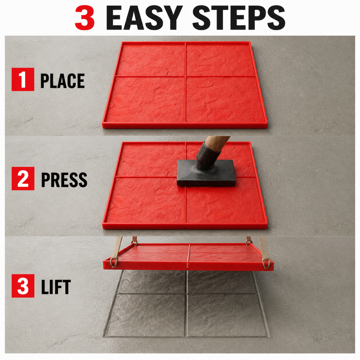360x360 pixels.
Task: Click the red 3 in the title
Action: pyautogui.click(x=84, y=18)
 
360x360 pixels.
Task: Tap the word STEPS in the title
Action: pyautogui.click(x=239, y=18)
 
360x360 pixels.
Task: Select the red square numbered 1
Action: pyautogui.click(x=23, y=79)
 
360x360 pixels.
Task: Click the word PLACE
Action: pyautogui.click(x=63, y=81)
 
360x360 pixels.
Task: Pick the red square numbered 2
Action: pyautogui.click(x=23, y=178)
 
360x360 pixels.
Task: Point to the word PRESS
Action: pyautogui.click(x=64, y=180)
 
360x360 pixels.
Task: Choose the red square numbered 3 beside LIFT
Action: pyautogui.click(x=23, y=286)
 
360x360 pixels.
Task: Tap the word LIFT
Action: pyautogui.click(x=56, y=287)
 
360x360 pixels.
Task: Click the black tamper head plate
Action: pyautogui.click(x=206, y=173)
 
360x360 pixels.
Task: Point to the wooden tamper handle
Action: pyautogui.click(x=217, y=143)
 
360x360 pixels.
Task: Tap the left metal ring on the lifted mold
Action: pyautogui.click(x=114, y=262)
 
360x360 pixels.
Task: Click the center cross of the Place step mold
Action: pyautogui.click(x=185, y=76)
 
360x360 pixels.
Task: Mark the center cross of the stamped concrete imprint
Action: pyautogui.click(x=187, y=294)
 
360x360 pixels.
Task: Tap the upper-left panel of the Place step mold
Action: pyautogui.click(x=152, y=60)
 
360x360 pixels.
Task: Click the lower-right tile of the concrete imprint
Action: pyautogui.click(x=226, y=315)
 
